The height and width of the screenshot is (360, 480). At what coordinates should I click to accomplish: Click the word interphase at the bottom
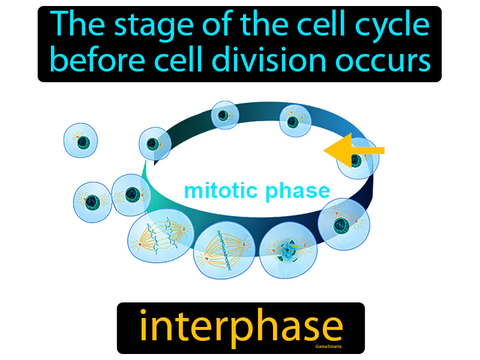(241, 327)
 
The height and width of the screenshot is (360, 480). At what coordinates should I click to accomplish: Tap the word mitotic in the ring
(219, 191)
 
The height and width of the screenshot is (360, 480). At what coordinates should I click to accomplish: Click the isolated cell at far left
(81, 141)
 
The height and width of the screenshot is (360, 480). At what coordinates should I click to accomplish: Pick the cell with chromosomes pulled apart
(161, 238)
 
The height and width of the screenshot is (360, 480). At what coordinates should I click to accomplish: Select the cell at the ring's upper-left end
(155, 144)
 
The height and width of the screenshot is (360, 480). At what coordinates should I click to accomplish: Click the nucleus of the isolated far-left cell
(83, 142)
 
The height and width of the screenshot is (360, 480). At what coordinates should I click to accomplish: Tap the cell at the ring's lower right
(343, 224)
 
